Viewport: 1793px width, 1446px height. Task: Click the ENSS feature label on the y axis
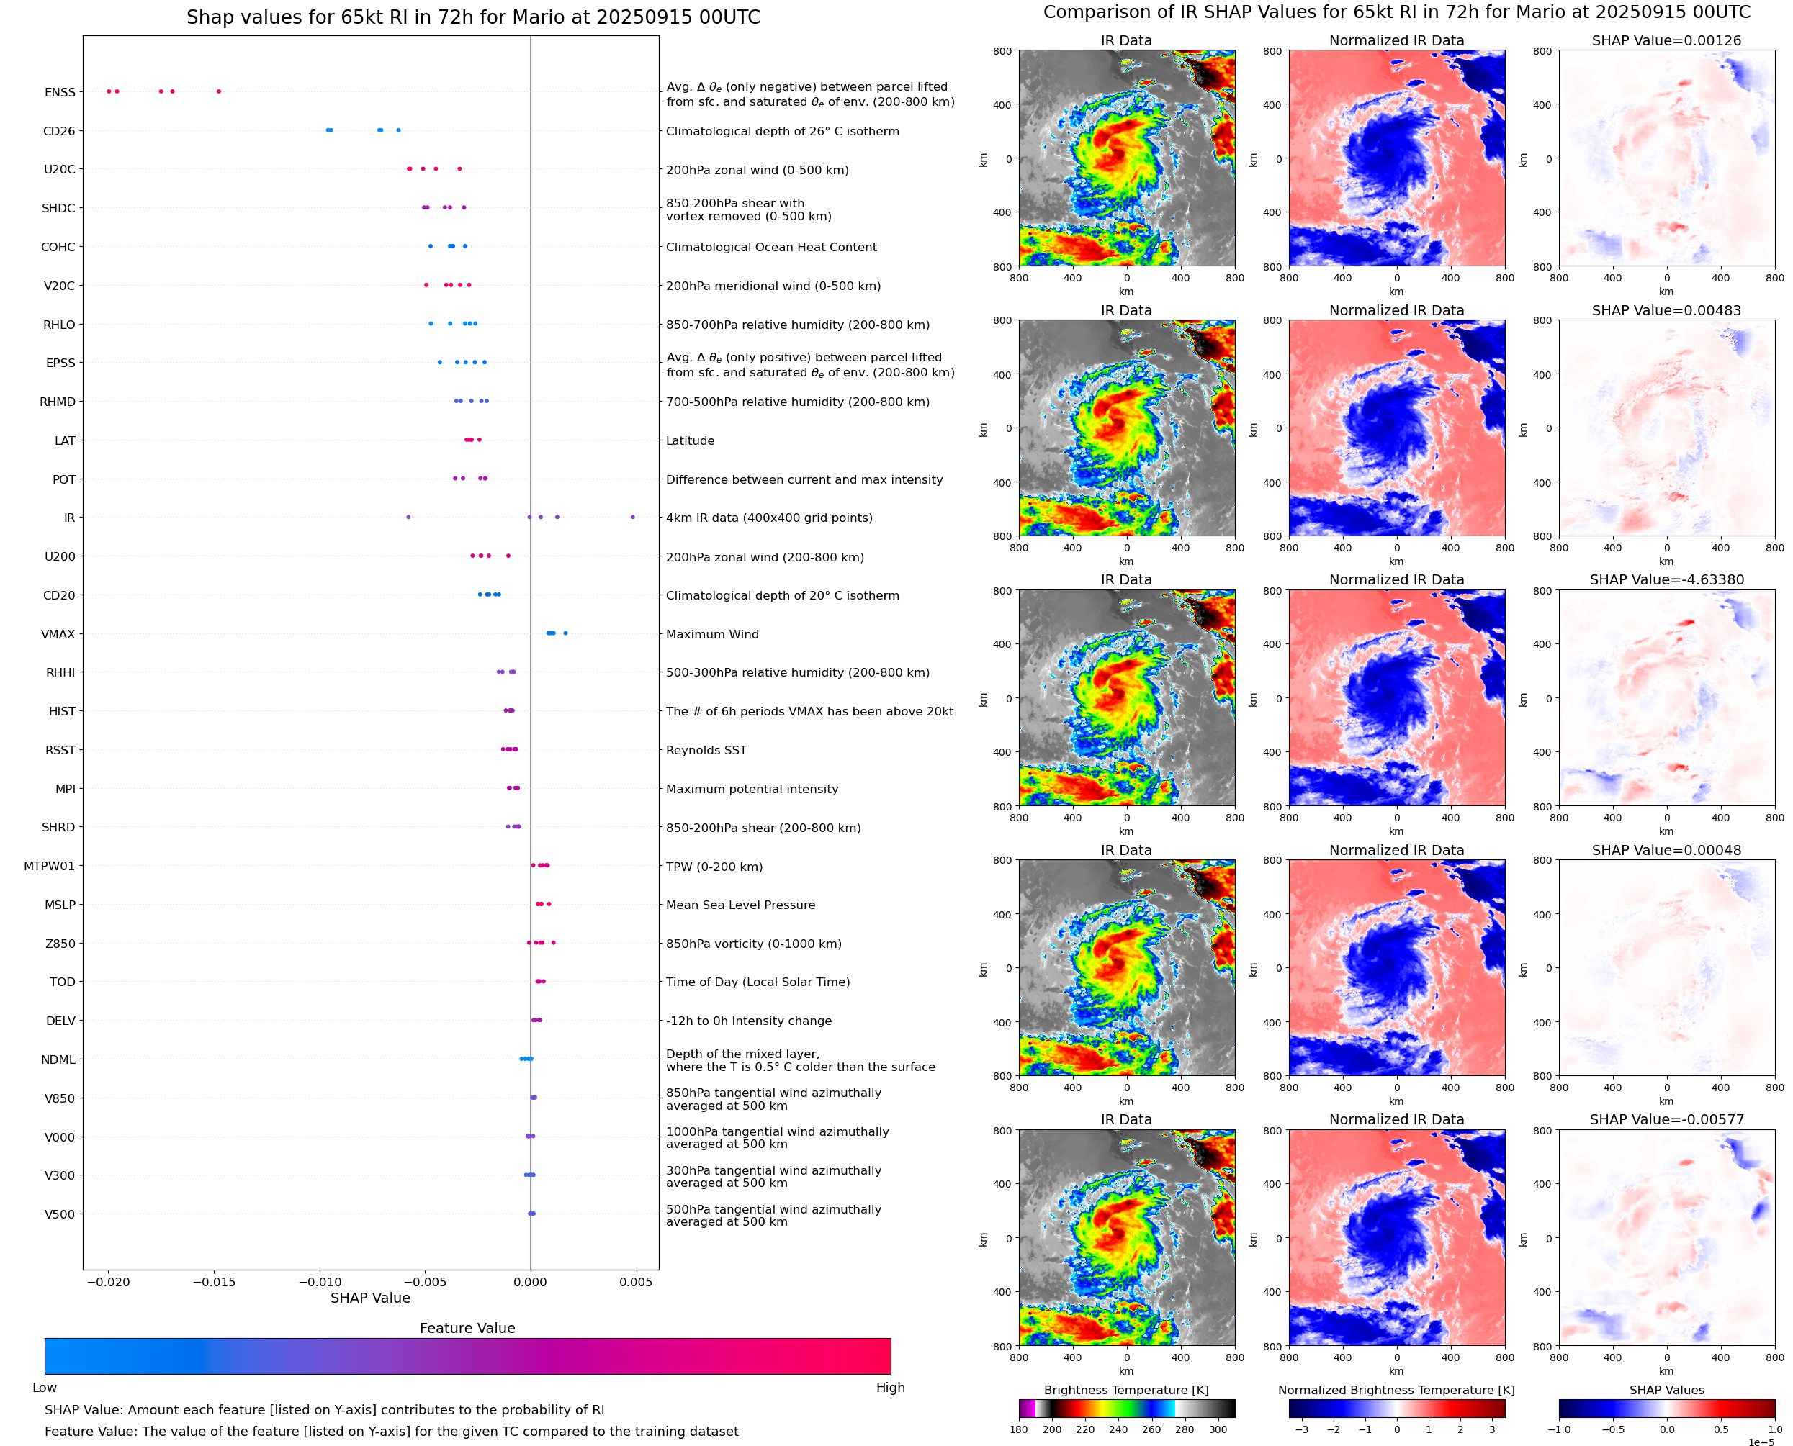(59, 92)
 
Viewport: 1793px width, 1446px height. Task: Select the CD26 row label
(58, 131)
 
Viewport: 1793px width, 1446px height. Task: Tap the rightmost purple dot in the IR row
(632, 518)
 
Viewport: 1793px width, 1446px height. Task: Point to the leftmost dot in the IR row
(408, 518)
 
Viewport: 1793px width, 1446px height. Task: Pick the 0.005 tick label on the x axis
(636, 1282)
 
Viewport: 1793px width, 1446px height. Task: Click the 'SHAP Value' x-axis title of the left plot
(370, 1298)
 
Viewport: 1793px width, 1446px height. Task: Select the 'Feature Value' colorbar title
(467, 1328)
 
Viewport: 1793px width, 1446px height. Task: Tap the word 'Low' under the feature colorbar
(44, 1387)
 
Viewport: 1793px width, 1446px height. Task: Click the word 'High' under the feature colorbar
(890, 1387)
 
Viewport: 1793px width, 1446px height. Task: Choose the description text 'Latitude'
(690, 440)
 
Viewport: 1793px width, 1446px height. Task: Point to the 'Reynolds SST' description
(706, 750)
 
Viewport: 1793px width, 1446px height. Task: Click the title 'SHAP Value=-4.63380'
(1666, 579)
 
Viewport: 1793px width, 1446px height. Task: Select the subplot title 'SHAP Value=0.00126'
(1666, 40)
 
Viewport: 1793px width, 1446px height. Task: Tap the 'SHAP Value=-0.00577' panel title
(1666, 1119)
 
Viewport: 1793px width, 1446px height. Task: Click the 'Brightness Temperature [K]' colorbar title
(1125, 1390)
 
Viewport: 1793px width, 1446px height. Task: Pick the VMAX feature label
(58, 634)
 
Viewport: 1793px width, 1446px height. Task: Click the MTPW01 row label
(49, 867)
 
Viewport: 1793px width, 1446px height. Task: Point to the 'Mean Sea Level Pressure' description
(740, 905)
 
